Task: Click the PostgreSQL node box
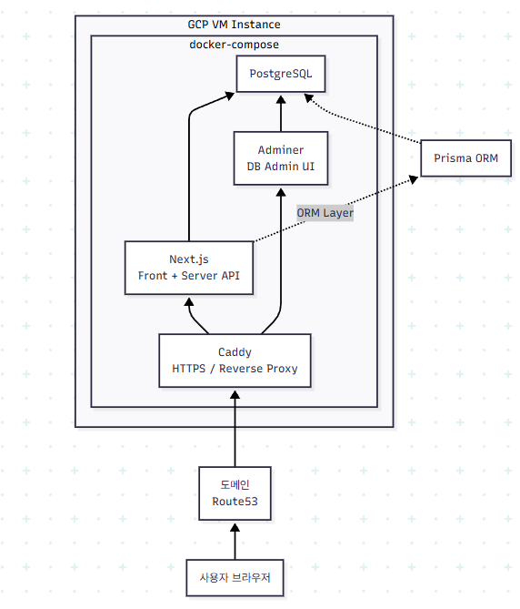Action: (280, 74)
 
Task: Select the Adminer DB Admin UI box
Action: (280, 157)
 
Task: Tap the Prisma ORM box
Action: (465, 158)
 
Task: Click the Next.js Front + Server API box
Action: (188, 268)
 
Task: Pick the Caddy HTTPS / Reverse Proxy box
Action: (235, 360)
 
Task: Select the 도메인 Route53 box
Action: (235, 493)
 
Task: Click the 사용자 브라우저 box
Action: (235, 577)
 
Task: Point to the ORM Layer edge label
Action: (325, 212)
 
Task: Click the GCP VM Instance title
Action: (234, 25)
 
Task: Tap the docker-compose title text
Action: (234, 44)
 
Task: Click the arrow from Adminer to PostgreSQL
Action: (280, 113)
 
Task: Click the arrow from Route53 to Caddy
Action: (235, 428)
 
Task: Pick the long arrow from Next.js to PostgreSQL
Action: (189, 173)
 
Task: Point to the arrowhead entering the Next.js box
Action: (189, 301)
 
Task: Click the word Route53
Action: (235, 502)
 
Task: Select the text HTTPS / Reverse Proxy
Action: (235, 369)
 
